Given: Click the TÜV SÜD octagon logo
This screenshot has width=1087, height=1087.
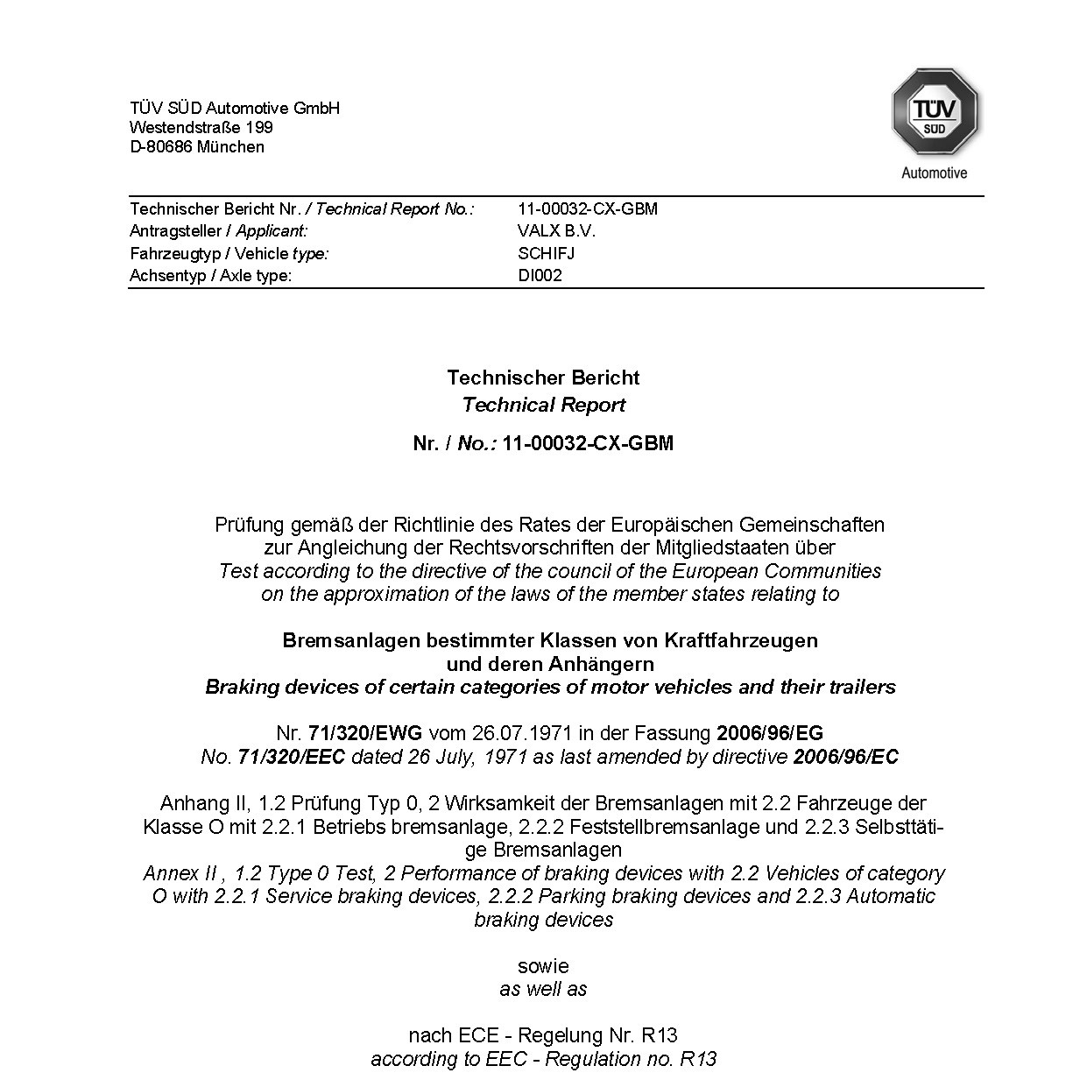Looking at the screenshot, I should point(935,112).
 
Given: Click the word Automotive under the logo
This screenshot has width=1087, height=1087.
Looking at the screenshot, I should point(934,173).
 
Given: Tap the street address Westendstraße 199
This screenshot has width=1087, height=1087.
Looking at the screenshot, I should point(201,127).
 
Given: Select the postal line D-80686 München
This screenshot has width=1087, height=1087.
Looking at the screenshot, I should point(197,146).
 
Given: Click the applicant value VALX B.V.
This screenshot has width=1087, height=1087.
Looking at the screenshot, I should point(556,231).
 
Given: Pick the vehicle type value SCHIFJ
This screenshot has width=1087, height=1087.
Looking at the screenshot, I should point(547,253).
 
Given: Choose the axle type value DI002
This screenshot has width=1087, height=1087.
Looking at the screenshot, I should point(540,275).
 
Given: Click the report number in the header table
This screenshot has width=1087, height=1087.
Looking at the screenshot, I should point(588,208).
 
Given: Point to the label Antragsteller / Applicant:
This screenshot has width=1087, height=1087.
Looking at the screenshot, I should point(219,231).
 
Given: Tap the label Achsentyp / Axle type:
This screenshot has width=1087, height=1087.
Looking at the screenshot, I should point(211,275).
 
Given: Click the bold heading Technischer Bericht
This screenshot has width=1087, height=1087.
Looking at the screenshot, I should point(543,378).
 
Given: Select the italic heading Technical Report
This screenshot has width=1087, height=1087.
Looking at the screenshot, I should point(543,405).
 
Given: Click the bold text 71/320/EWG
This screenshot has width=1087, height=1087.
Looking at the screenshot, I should point(365,733).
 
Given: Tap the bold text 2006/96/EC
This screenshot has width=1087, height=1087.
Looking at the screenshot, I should point(845,757).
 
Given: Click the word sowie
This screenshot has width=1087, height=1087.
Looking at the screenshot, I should point(543,966).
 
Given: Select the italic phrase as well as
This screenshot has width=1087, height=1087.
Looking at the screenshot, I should point(543,989).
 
